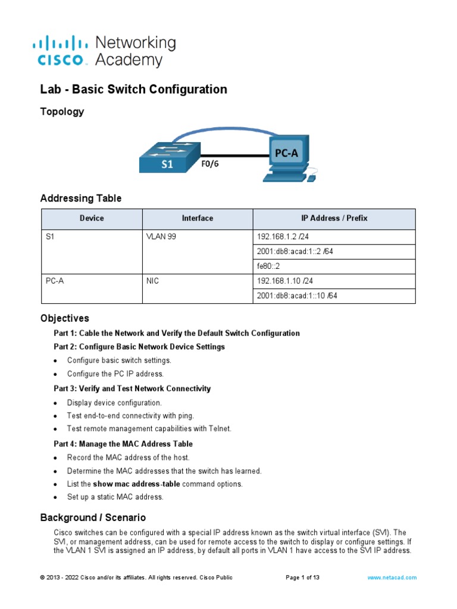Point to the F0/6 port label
209,164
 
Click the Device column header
92,218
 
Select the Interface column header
197,218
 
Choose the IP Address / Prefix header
334,218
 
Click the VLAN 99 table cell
161,237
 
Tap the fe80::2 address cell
269,266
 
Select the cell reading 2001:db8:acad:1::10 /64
297,296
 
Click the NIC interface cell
153,281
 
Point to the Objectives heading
64,318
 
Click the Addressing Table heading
80,198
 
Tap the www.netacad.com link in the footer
392,577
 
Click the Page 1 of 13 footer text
303,577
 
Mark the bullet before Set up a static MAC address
55,497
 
